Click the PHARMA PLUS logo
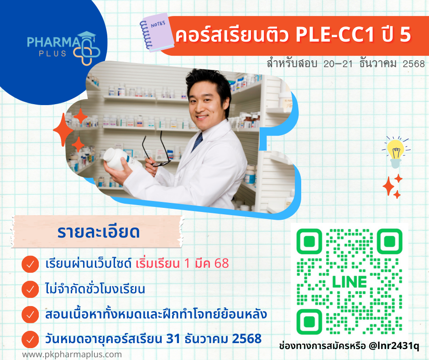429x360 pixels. click(63, 48)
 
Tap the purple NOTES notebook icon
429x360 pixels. click(157, 32)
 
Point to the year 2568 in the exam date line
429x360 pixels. click(413, 64)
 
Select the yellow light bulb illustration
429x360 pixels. click(396, 152)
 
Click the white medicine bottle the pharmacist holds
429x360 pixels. click(118, 159)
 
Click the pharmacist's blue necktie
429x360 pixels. click(197, 141)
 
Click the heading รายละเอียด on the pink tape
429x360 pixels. click(99, 232)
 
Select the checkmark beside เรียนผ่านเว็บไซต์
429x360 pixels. click(30, 264)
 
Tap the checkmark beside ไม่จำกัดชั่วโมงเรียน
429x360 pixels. click(30, 289)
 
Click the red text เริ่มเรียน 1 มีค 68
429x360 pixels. click(182, 264)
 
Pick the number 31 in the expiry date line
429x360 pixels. click(173, 339)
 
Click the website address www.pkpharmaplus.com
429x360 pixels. click(72, 355)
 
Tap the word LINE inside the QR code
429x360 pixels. click(350, 281)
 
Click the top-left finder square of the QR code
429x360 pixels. click(309, 241)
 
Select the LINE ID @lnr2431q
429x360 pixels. click(394, 346)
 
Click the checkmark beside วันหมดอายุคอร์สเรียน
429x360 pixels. click(30, 339)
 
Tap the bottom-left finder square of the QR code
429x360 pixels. click(309, 322)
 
